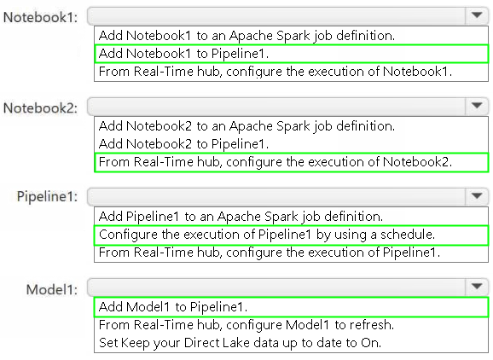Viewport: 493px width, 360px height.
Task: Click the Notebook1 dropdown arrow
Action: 477,15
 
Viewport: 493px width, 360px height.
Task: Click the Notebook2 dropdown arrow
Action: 477,105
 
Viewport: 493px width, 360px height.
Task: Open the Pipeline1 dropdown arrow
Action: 477,196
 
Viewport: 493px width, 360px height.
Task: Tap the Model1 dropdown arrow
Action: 477,286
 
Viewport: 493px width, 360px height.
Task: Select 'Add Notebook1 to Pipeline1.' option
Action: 184,54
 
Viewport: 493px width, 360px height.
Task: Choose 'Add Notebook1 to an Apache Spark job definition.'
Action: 246,36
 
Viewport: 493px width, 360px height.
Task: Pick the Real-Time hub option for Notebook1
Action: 275,72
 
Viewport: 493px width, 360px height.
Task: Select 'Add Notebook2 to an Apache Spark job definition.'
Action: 246,126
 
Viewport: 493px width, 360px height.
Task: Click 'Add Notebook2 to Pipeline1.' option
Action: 184,144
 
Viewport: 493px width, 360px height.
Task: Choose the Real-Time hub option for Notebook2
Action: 275,162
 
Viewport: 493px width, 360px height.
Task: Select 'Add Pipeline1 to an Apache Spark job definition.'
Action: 241,217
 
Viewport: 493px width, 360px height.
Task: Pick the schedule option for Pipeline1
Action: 267,235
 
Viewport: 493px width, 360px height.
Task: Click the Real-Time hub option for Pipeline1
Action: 270,253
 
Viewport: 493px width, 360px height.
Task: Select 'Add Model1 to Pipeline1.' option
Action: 173,307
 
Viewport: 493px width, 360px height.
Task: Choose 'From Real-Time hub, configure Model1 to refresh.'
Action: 246,325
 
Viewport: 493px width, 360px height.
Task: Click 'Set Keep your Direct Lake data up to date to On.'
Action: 240,343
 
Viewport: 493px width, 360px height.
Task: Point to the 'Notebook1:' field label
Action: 40,17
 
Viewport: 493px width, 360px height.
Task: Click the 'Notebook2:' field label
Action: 40,107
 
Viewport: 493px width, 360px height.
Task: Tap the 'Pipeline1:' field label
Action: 47,197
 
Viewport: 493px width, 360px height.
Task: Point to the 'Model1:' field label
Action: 52,289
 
